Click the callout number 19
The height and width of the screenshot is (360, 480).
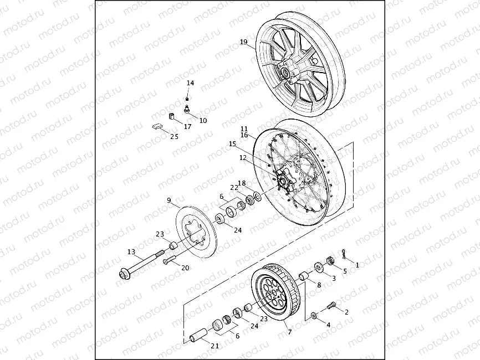pos(243,42)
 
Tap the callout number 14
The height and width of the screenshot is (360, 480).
pos(190,83)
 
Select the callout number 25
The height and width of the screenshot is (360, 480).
pos(174,137)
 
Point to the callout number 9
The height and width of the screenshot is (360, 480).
pos(169,200)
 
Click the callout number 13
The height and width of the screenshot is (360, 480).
pos(131,252)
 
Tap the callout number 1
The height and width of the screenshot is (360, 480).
pos(357,265)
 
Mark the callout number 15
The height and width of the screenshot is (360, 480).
pos(232,143)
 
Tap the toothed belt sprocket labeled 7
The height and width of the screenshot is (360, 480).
pos(273,294)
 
